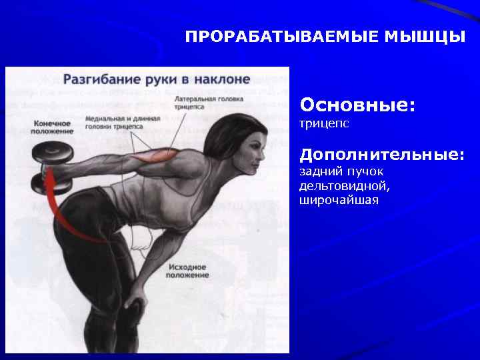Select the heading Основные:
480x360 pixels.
click(x=357, y=105)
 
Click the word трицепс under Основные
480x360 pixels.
click(x=325, y=124)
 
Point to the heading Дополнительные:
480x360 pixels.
click(x=382, y=155)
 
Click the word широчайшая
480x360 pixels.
click(x=339, y=200)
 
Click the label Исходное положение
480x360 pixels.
click(x=188, y=270)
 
